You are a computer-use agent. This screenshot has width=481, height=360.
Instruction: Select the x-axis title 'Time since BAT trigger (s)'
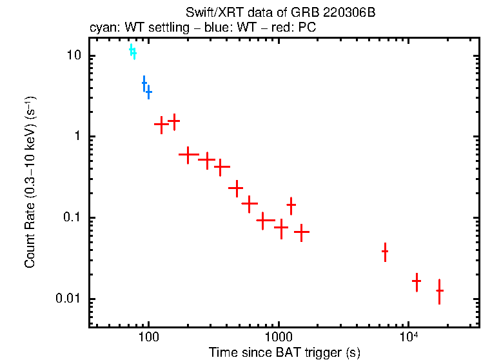click(x=284, y=352)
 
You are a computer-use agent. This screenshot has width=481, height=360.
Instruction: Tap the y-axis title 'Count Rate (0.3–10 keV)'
click(x=30, y=182)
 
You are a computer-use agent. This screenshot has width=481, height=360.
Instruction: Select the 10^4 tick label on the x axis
click(x=407, y=337)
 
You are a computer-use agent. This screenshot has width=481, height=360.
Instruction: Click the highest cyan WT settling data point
click(x=131, y=49)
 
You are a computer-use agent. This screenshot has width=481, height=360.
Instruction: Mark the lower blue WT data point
click(x=148, y=93)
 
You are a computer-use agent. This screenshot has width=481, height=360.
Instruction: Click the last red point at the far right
click(x=439, y=291)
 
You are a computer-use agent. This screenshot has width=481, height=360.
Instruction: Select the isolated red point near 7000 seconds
click(x=385, y=251)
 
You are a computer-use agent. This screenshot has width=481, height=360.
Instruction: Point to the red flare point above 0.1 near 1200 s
click(x=291, y=205)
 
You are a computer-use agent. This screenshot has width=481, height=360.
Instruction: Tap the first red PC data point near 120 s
click(x=161, y=125)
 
